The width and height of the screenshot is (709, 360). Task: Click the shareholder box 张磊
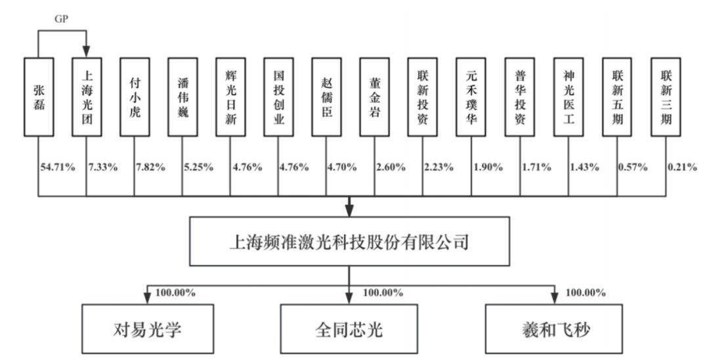(39, 97)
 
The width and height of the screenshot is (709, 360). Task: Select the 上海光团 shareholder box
(86, 97)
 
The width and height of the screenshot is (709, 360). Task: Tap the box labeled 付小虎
(135, 97)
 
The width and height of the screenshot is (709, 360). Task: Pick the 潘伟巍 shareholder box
(183, 97)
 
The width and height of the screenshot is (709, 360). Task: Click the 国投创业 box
(278, 97)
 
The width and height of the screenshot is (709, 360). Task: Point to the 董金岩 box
(374, 97)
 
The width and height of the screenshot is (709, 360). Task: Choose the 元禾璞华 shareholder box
(471, 97)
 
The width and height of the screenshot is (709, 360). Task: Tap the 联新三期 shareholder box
(666, 97)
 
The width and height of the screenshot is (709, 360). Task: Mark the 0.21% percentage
(681, 167)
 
